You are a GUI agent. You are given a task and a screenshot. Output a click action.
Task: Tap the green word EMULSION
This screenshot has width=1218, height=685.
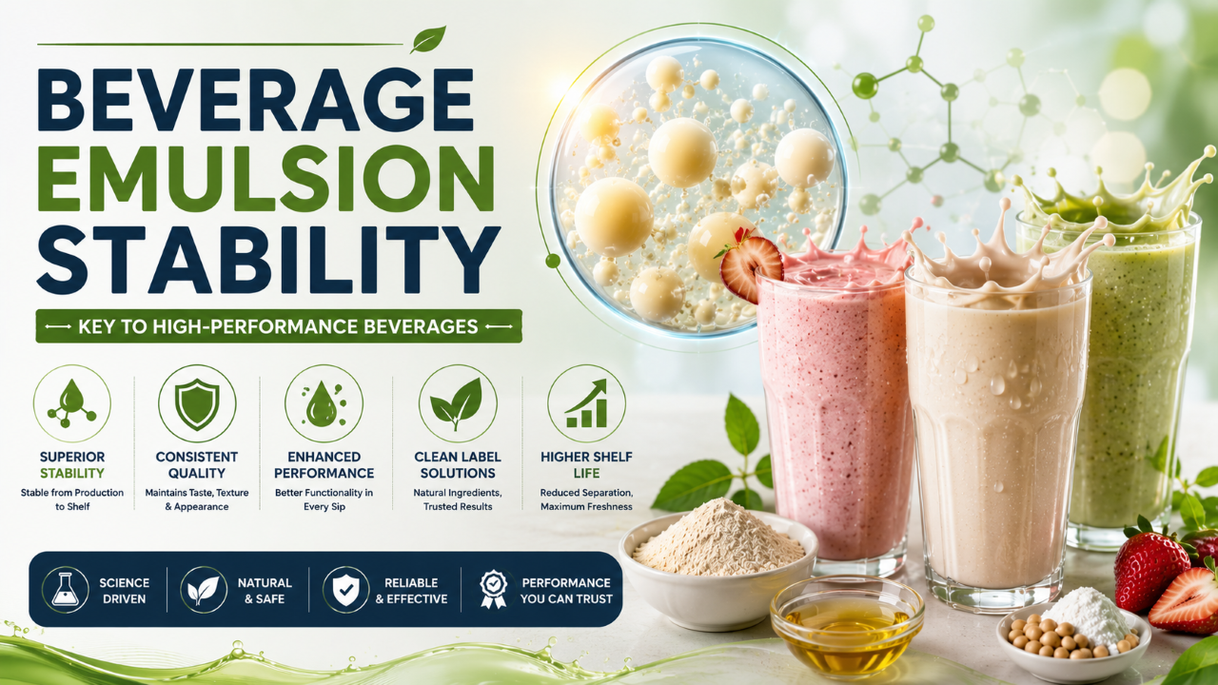coord(265,179)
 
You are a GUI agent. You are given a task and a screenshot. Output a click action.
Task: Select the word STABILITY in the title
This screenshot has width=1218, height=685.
coord(267,260)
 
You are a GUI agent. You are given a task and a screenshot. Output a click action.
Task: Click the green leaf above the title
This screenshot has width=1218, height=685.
coord(428,39)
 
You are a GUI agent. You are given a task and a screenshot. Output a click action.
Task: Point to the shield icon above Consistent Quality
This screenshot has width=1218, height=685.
coord(197,404)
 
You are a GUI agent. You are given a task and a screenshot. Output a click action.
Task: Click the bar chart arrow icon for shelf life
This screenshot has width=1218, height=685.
coord(586,403)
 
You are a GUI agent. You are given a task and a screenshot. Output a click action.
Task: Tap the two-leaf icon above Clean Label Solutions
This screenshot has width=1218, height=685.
coord(457,403)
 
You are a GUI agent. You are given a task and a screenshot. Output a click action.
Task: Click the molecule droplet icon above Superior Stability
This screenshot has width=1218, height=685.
coord(71,404)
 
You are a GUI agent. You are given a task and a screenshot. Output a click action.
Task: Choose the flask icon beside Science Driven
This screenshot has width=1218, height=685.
coord(66,590)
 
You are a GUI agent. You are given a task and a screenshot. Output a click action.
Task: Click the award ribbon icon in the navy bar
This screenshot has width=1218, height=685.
coord(493,589)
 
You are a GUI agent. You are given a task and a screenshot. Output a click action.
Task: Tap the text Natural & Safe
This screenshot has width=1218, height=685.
coord(265,591)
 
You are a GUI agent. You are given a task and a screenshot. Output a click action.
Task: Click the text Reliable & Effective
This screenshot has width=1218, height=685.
coord(411,591)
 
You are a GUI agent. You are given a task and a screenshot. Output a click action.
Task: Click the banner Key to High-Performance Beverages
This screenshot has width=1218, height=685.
coord(279,326)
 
